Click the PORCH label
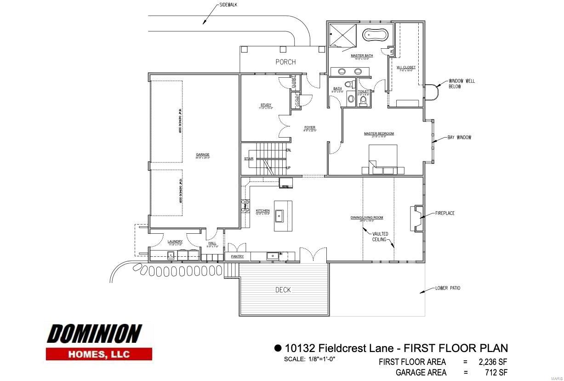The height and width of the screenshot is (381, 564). pyautogui.click(x=285, y=62)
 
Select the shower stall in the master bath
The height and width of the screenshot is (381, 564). pyautogui.click(x=342, y=35)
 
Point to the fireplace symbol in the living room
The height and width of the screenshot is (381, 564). pyautogui.click(x=416, y=218)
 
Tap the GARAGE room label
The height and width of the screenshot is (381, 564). pyautogui.click(x=202, y=155)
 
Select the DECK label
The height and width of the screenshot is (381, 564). pyautogui.click(x=283, y=290)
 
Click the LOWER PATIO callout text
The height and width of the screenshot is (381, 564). pyautogui.click(x=447, y=289)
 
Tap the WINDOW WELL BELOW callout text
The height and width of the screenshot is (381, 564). pyautogui.click(x=462, y=84)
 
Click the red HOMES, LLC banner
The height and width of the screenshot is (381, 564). pyautogui.click(x=99, y=354)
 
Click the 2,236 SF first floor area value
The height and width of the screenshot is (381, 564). pyautogui.click(x=493, y=362)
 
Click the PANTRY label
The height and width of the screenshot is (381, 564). pyautogui.click(x=237, y=256)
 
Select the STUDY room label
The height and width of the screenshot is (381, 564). pyautogui.click(x=266, y=105)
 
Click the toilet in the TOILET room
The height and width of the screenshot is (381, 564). pyautogui.click(x=364, y=99)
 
